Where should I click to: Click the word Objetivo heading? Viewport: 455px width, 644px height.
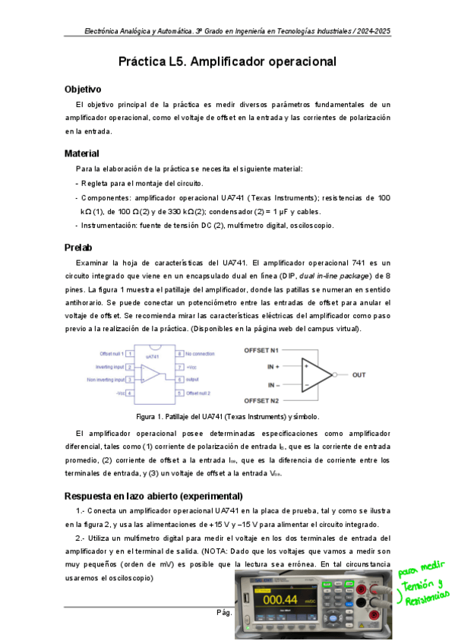88,90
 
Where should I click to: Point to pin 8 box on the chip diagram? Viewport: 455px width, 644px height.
180,353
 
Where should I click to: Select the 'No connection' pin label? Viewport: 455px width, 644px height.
201,353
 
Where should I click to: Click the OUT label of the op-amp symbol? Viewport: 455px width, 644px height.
359,375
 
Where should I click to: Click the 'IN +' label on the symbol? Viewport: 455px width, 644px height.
273,365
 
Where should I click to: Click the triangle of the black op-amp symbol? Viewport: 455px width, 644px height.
317,375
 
